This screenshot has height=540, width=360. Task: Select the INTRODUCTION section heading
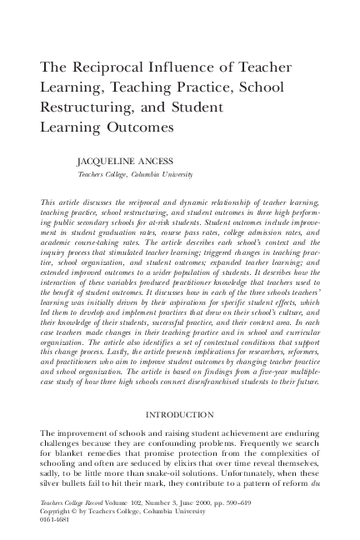[179, 414]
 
